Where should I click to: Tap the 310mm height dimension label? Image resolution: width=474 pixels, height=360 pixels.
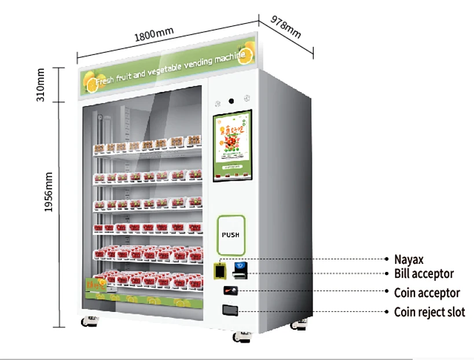point(41,85)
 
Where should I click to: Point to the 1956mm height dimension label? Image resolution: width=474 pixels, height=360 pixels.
point(49,191)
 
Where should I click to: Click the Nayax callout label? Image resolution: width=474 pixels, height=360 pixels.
point(409,259)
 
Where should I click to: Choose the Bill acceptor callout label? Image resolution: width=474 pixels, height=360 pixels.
point(424,274)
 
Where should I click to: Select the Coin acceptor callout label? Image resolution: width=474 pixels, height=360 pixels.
point(427,293)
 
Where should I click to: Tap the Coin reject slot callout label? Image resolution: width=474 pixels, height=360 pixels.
point(429,312)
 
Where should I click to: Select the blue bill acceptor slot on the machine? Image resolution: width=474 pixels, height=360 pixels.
point(240,268)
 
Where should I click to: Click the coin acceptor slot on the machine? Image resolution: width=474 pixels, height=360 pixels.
point(232,290)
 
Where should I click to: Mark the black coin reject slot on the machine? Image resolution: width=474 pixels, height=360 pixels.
point(230,311)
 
